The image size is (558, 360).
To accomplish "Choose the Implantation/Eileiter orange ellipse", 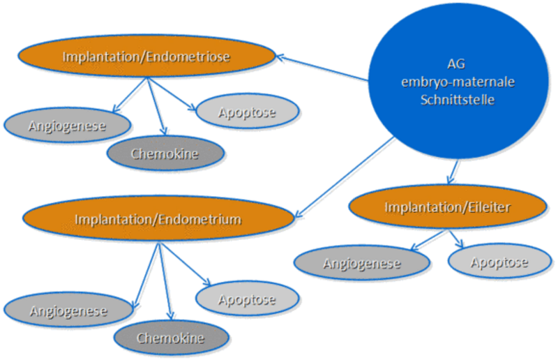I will click(x=448, y=207).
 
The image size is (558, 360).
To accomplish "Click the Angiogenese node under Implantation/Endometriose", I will click(x=68, y=126).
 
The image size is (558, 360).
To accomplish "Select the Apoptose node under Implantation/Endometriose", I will click(x=247, y=112).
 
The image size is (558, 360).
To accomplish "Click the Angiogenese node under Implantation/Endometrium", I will click(x=68, y=310).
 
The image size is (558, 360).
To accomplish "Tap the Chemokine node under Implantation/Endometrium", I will click(x=170, y=338).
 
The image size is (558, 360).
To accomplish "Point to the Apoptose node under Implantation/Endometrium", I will click(x=247, y=300).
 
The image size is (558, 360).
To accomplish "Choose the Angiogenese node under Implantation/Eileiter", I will click(x=362, y=263).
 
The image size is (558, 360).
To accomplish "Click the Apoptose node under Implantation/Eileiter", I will click(x=499, y=262).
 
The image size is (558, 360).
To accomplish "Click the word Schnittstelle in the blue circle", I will click(x=457, y=99).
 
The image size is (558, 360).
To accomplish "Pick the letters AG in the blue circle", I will click(x=457, y=66).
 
